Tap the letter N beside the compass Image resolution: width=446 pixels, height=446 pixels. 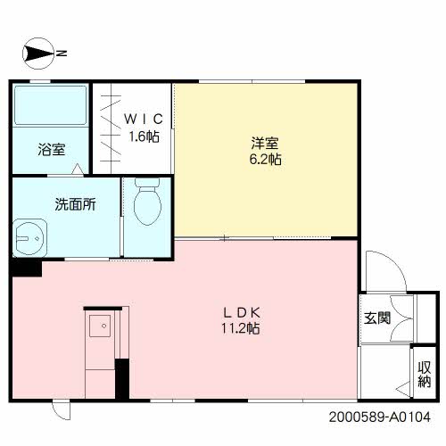[x=63, y=54]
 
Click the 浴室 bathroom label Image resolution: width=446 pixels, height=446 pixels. [x=51, y=149]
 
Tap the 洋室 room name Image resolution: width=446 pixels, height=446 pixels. [x=265, y=142]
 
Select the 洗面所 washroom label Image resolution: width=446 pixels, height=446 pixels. [x=75, y=203]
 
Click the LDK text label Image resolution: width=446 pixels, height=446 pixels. [x=241, y=312]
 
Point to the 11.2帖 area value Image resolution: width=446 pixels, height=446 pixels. [x=241, y=329]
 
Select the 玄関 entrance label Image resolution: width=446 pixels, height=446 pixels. [x=377, y=318]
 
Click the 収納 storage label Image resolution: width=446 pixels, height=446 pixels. [x=425, y=375]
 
